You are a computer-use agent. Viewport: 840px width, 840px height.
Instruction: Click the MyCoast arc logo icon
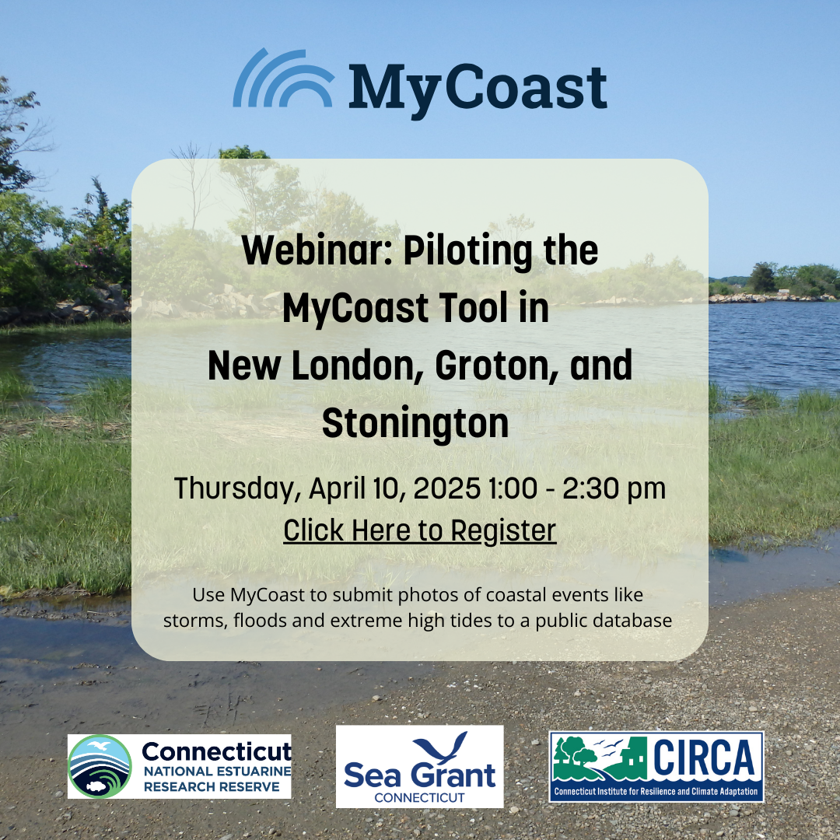tap(283, 79)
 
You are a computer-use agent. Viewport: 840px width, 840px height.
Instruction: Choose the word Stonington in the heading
tap(415, 423)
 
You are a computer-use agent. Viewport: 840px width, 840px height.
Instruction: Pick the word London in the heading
tap(353, 366)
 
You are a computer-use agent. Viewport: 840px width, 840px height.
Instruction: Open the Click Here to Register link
tap(420, 530)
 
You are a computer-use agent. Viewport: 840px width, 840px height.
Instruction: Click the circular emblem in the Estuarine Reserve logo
tap(100, 766)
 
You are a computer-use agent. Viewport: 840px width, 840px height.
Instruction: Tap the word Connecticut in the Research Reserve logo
tap(217, 752)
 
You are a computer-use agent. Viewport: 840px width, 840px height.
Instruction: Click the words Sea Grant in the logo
tap(419, 775)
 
